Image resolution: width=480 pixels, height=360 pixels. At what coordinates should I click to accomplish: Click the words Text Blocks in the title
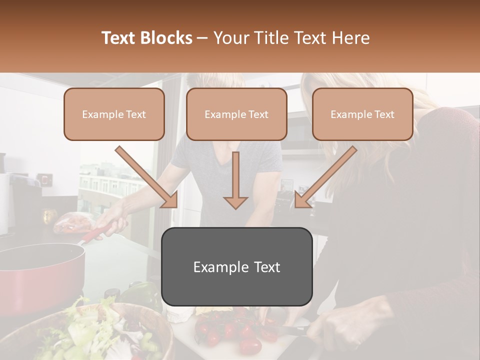pos(147,38)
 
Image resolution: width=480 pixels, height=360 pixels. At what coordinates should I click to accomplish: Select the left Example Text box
pos(114,114)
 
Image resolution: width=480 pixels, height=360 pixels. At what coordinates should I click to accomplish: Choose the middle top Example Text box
pos(236,114)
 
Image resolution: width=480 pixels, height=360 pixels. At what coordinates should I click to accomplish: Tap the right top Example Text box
pos(362,114)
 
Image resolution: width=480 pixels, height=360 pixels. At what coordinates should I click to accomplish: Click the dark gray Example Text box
pos(236,267)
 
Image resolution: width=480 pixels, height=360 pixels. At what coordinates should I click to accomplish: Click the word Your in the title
pos(229,38)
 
